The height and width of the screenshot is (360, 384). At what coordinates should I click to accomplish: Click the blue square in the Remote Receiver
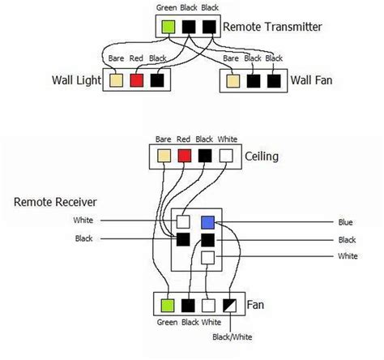[x=208, y=221]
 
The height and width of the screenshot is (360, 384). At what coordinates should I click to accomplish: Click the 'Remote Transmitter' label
[x=273, y=26]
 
